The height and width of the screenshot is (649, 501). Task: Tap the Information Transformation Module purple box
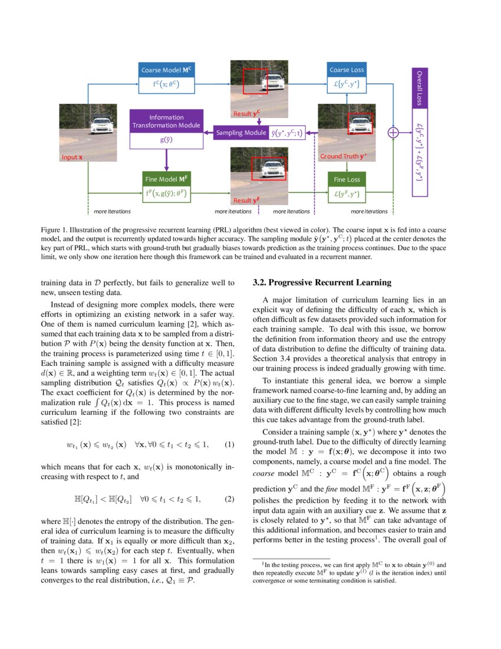[166, 121]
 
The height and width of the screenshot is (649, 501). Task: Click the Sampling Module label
[240, 133]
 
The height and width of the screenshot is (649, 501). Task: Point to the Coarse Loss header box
[347, 70]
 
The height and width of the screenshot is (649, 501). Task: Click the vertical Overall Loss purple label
[419, 88]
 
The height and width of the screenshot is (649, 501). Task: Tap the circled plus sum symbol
[393, 133]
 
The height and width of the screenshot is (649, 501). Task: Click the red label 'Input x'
[72, 158]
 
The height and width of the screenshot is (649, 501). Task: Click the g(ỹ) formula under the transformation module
[166, 140]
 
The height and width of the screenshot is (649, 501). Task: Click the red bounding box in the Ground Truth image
[361, 123]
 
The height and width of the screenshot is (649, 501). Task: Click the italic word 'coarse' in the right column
[263, 474]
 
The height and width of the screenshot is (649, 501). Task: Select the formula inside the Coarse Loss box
[347, 86]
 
